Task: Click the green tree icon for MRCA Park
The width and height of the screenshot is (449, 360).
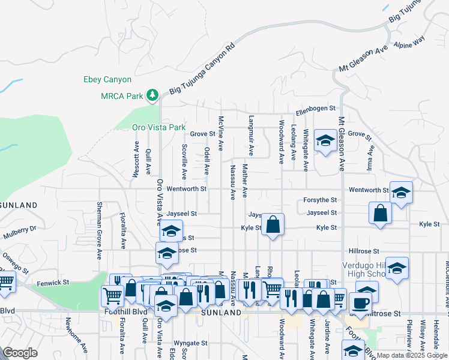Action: [x=153, y=95]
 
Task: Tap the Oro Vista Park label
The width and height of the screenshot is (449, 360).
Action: [x=159, y=127]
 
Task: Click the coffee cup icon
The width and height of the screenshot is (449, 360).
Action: [x=361, y=302]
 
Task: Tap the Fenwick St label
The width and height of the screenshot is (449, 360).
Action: [x=53, y=281]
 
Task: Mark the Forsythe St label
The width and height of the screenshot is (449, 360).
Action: [x=320, y=200]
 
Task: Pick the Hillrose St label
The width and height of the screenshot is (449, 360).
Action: [x=363, y=251]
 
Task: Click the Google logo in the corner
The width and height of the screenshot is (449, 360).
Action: [x=20, y=353]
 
